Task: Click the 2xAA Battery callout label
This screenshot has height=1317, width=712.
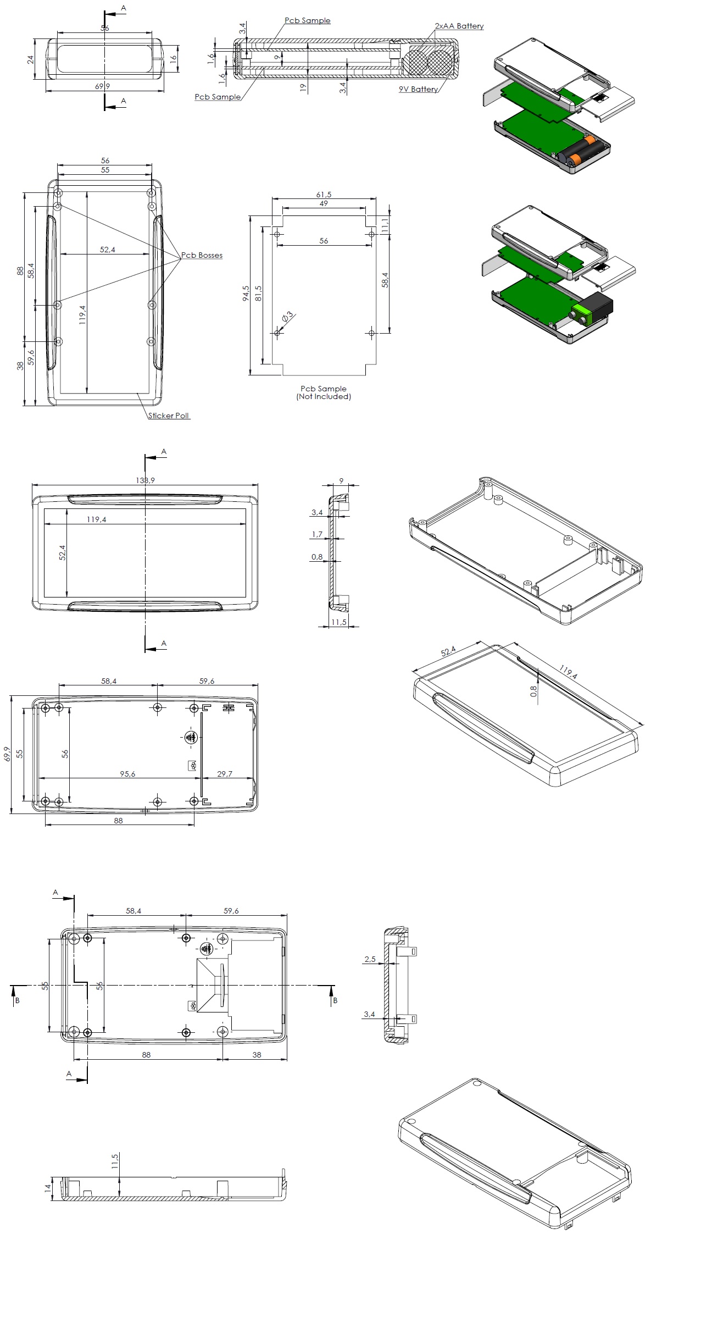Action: [459, 26]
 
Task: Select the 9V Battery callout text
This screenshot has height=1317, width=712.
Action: [418, 89]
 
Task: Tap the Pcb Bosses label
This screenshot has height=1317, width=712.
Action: [202, 255]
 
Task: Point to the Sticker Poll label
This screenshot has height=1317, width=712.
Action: [169, 416]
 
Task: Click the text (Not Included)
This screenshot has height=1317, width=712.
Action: [324, 396]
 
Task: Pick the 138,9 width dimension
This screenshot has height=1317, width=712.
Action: [146, 480]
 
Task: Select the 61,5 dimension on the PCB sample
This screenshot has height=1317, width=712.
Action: [324, 195]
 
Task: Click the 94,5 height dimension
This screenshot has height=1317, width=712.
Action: [246, 293]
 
